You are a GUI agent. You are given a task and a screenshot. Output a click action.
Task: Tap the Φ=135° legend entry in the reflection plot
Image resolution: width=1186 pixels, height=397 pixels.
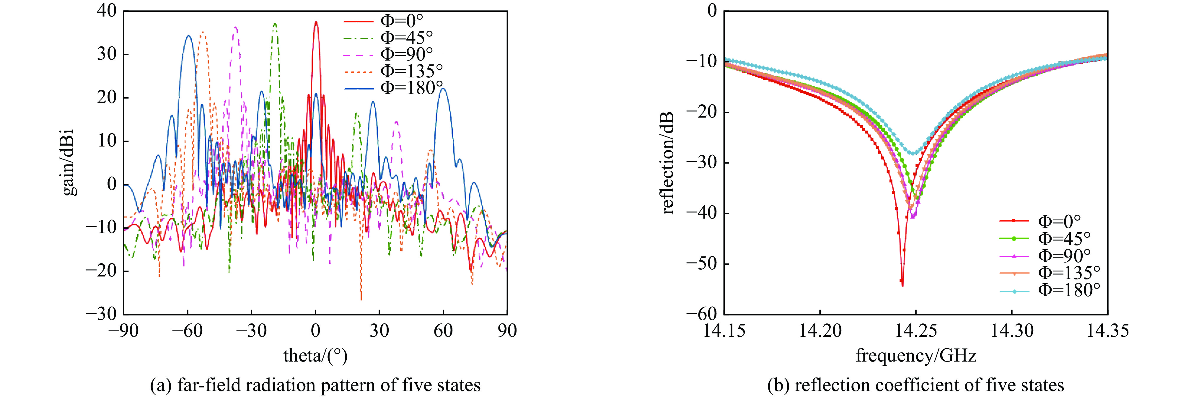coord(1068,273)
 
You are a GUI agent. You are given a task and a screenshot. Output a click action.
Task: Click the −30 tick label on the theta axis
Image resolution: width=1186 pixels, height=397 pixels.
coord(251,331)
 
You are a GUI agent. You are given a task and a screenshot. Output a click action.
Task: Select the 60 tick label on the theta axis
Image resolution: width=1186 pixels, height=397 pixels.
coord(443,331)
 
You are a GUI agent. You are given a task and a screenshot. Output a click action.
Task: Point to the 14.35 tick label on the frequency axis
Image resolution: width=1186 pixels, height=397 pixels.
coord(1107,331)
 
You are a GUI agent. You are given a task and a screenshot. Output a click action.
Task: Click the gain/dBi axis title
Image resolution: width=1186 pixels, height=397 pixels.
coord(69,162)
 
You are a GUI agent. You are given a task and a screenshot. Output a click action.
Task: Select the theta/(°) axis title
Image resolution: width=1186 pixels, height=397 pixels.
coord(315,356)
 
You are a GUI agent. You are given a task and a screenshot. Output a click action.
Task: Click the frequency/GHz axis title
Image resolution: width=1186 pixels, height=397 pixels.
coord(916,356)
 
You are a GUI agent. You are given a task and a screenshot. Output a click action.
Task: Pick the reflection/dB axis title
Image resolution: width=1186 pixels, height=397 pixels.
coord(668,162)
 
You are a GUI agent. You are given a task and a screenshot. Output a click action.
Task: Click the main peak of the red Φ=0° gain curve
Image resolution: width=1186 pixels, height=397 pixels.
coord(316,22)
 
